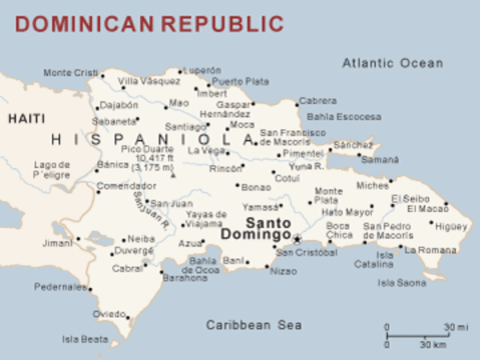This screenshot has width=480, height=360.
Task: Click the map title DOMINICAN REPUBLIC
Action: click(x=149, y=23)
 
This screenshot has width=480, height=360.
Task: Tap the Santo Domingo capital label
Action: click(x=256, y=229)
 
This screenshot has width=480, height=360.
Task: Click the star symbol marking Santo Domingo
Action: click(x=297, y=240)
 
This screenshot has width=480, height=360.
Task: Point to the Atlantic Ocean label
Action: click(x=392, y=63)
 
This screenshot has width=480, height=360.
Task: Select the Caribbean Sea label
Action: click(x=254, y=325)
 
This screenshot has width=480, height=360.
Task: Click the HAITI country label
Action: click(x=27, y=118)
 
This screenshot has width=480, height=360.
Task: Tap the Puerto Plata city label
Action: click(x=240, y=81)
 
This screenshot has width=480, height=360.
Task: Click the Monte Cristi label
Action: click(x=70, y=73)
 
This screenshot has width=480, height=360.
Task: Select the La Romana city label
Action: click(x=430, y=250)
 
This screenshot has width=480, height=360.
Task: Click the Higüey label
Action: click(x=451, y=226)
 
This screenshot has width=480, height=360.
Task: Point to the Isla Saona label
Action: click(x=402, y=283)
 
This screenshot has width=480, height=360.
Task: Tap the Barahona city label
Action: click(x=184, y=277)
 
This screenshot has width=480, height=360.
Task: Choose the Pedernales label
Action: click(x=61, y=286)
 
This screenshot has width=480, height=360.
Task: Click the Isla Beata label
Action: click(x=85, y=339)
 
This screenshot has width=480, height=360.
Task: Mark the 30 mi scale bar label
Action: click(x=455, y=327)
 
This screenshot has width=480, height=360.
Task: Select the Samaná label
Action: click(x=380, y=160)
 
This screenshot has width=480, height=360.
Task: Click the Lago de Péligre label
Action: click(x=51, y=169)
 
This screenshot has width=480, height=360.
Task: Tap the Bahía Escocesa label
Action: click(x=343, y=117)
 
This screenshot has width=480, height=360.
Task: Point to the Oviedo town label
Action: click(x=109, y=313)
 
